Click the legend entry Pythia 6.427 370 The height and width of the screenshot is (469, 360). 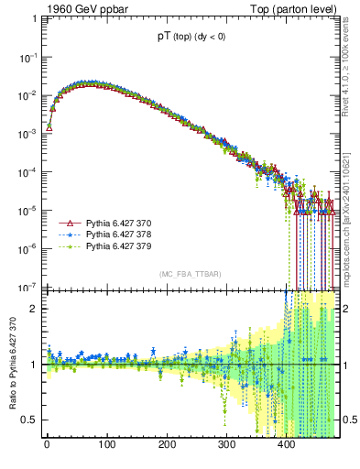click(117, 224)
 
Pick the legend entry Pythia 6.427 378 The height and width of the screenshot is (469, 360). click(117, 234)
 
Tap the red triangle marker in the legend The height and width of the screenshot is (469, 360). click(67, 224)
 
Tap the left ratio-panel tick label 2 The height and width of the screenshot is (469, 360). click(33, 309)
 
